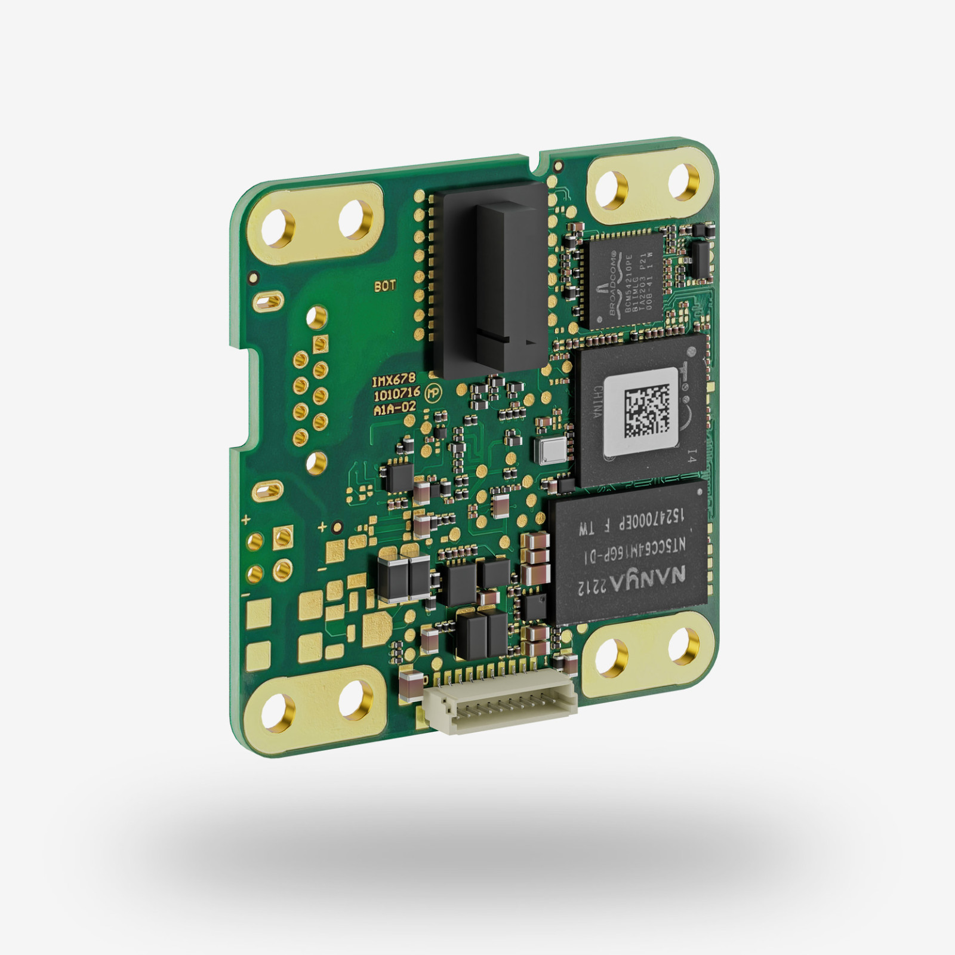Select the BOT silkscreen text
[385, 286]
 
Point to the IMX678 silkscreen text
[393, 380]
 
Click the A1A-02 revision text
[394, 410]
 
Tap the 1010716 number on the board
[396, 395]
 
